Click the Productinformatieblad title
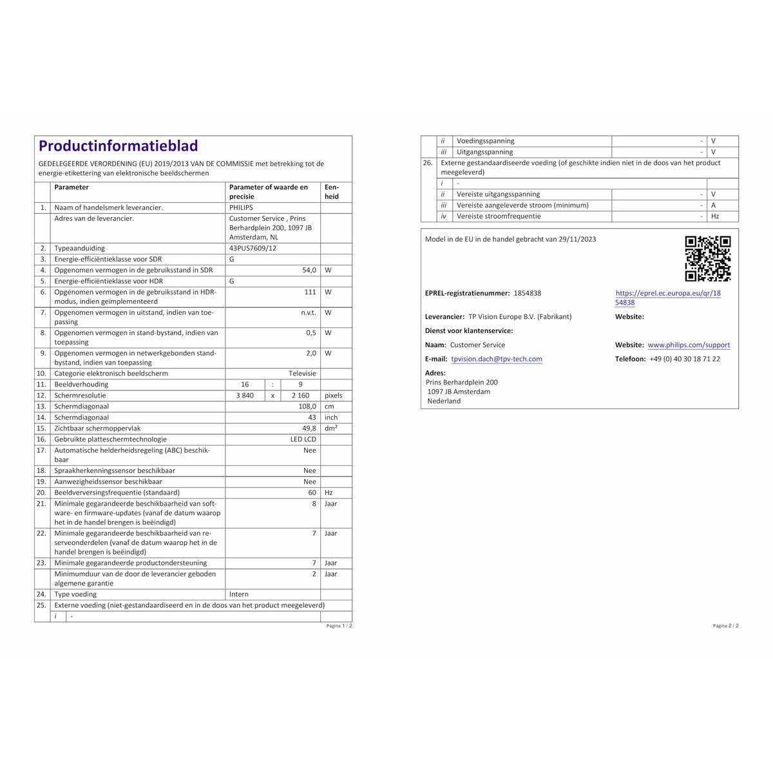[x=119, y=146]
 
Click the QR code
[x=707, y=259]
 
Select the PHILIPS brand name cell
[x=242, y=208]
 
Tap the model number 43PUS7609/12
[x=253, y=249]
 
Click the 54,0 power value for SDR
[x=309, y=271]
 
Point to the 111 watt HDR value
[x=310, y=292]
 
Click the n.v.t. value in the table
[x=309, y=313]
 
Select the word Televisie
[x=302, y=374]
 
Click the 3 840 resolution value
[x=245, y=396]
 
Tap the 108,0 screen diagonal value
[x=307, y=406]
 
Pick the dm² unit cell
[x=331, y=428]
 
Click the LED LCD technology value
[x=303, y=439]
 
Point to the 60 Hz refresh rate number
[x=312, y=493]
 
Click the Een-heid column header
[x=332, y=192]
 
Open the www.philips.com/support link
[x=689, y=345]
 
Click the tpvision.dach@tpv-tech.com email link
[x=497, y=359]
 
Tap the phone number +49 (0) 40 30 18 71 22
[x=685, y=359]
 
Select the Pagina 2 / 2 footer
[x=725, y=626]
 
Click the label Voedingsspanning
[x=485, y=141]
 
